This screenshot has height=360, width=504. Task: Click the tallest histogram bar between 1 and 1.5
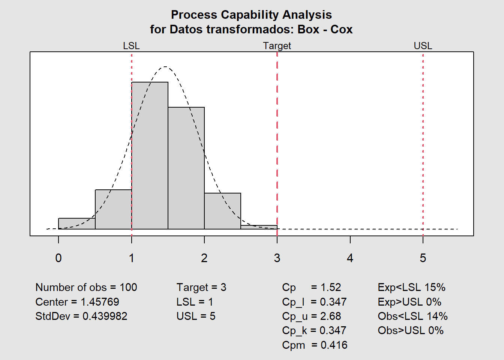[150, 155]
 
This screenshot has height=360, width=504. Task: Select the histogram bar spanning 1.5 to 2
[186, 168]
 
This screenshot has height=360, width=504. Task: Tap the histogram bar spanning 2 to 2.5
[222, 211]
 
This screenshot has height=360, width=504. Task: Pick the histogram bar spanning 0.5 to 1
[113, 209]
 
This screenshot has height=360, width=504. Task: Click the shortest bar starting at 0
[77, 223]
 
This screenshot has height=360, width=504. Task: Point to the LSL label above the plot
[131, 46]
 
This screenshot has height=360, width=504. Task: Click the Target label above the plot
[277, 46]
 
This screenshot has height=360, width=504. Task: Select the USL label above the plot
[423, 46]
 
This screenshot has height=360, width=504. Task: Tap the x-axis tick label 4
[350, 258]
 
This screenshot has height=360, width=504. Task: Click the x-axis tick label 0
[58, 258]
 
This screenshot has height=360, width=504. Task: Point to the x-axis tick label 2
[204, 258]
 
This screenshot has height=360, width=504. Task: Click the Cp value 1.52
[331, 287]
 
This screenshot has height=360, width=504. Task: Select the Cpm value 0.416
[334, 345]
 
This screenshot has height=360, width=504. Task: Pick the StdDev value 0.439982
[105, 316]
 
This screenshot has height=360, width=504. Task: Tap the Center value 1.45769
[100, 302]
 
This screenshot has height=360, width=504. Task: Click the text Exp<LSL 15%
[411, 287]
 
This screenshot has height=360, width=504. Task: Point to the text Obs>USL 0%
[411, 330]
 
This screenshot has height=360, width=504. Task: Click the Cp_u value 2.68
[330, 316]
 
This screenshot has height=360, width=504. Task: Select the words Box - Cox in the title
[325, 29]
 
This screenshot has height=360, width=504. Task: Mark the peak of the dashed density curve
[165, 67]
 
